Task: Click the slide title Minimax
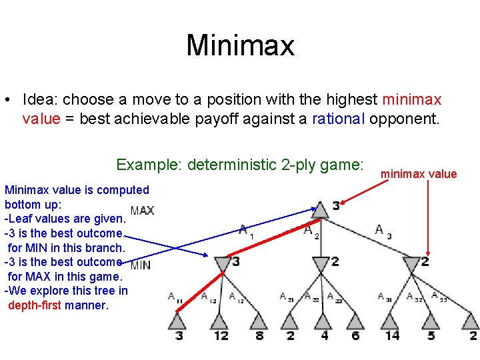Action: click(240, 45)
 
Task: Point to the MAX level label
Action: click(142, 211)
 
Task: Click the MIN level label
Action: click(141, 265)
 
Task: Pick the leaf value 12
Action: click(221, 335)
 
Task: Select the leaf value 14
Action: click(392, 335)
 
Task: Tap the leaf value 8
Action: click(259, 335)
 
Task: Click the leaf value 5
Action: click(432, 335)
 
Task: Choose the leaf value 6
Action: click(355, 335)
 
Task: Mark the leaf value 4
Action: click(325, 335)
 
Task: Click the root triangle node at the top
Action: click(320, 209)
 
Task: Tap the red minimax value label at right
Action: click(419, 174)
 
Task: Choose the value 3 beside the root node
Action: click(336, 206)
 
